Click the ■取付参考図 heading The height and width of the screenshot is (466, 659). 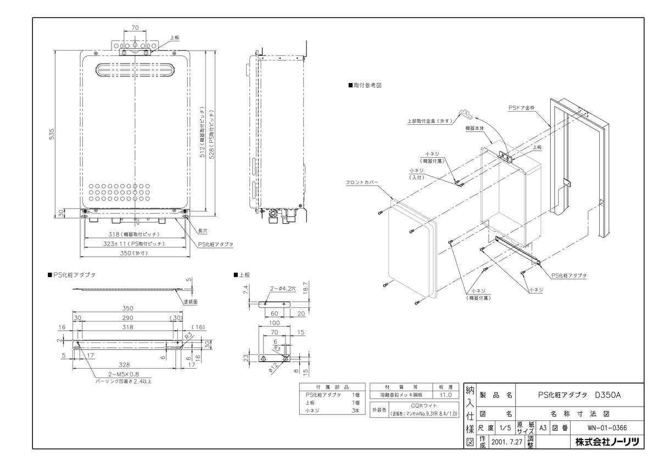pos(365,86)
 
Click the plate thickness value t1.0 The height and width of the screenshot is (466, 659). pos(445,395)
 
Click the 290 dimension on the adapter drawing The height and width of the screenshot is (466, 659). pos(128,318)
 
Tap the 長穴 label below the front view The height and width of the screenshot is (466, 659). pos(203,231)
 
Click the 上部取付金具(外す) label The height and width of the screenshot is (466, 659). pos(429,121)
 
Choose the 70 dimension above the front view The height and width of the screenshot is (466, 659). pos(135,27)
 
